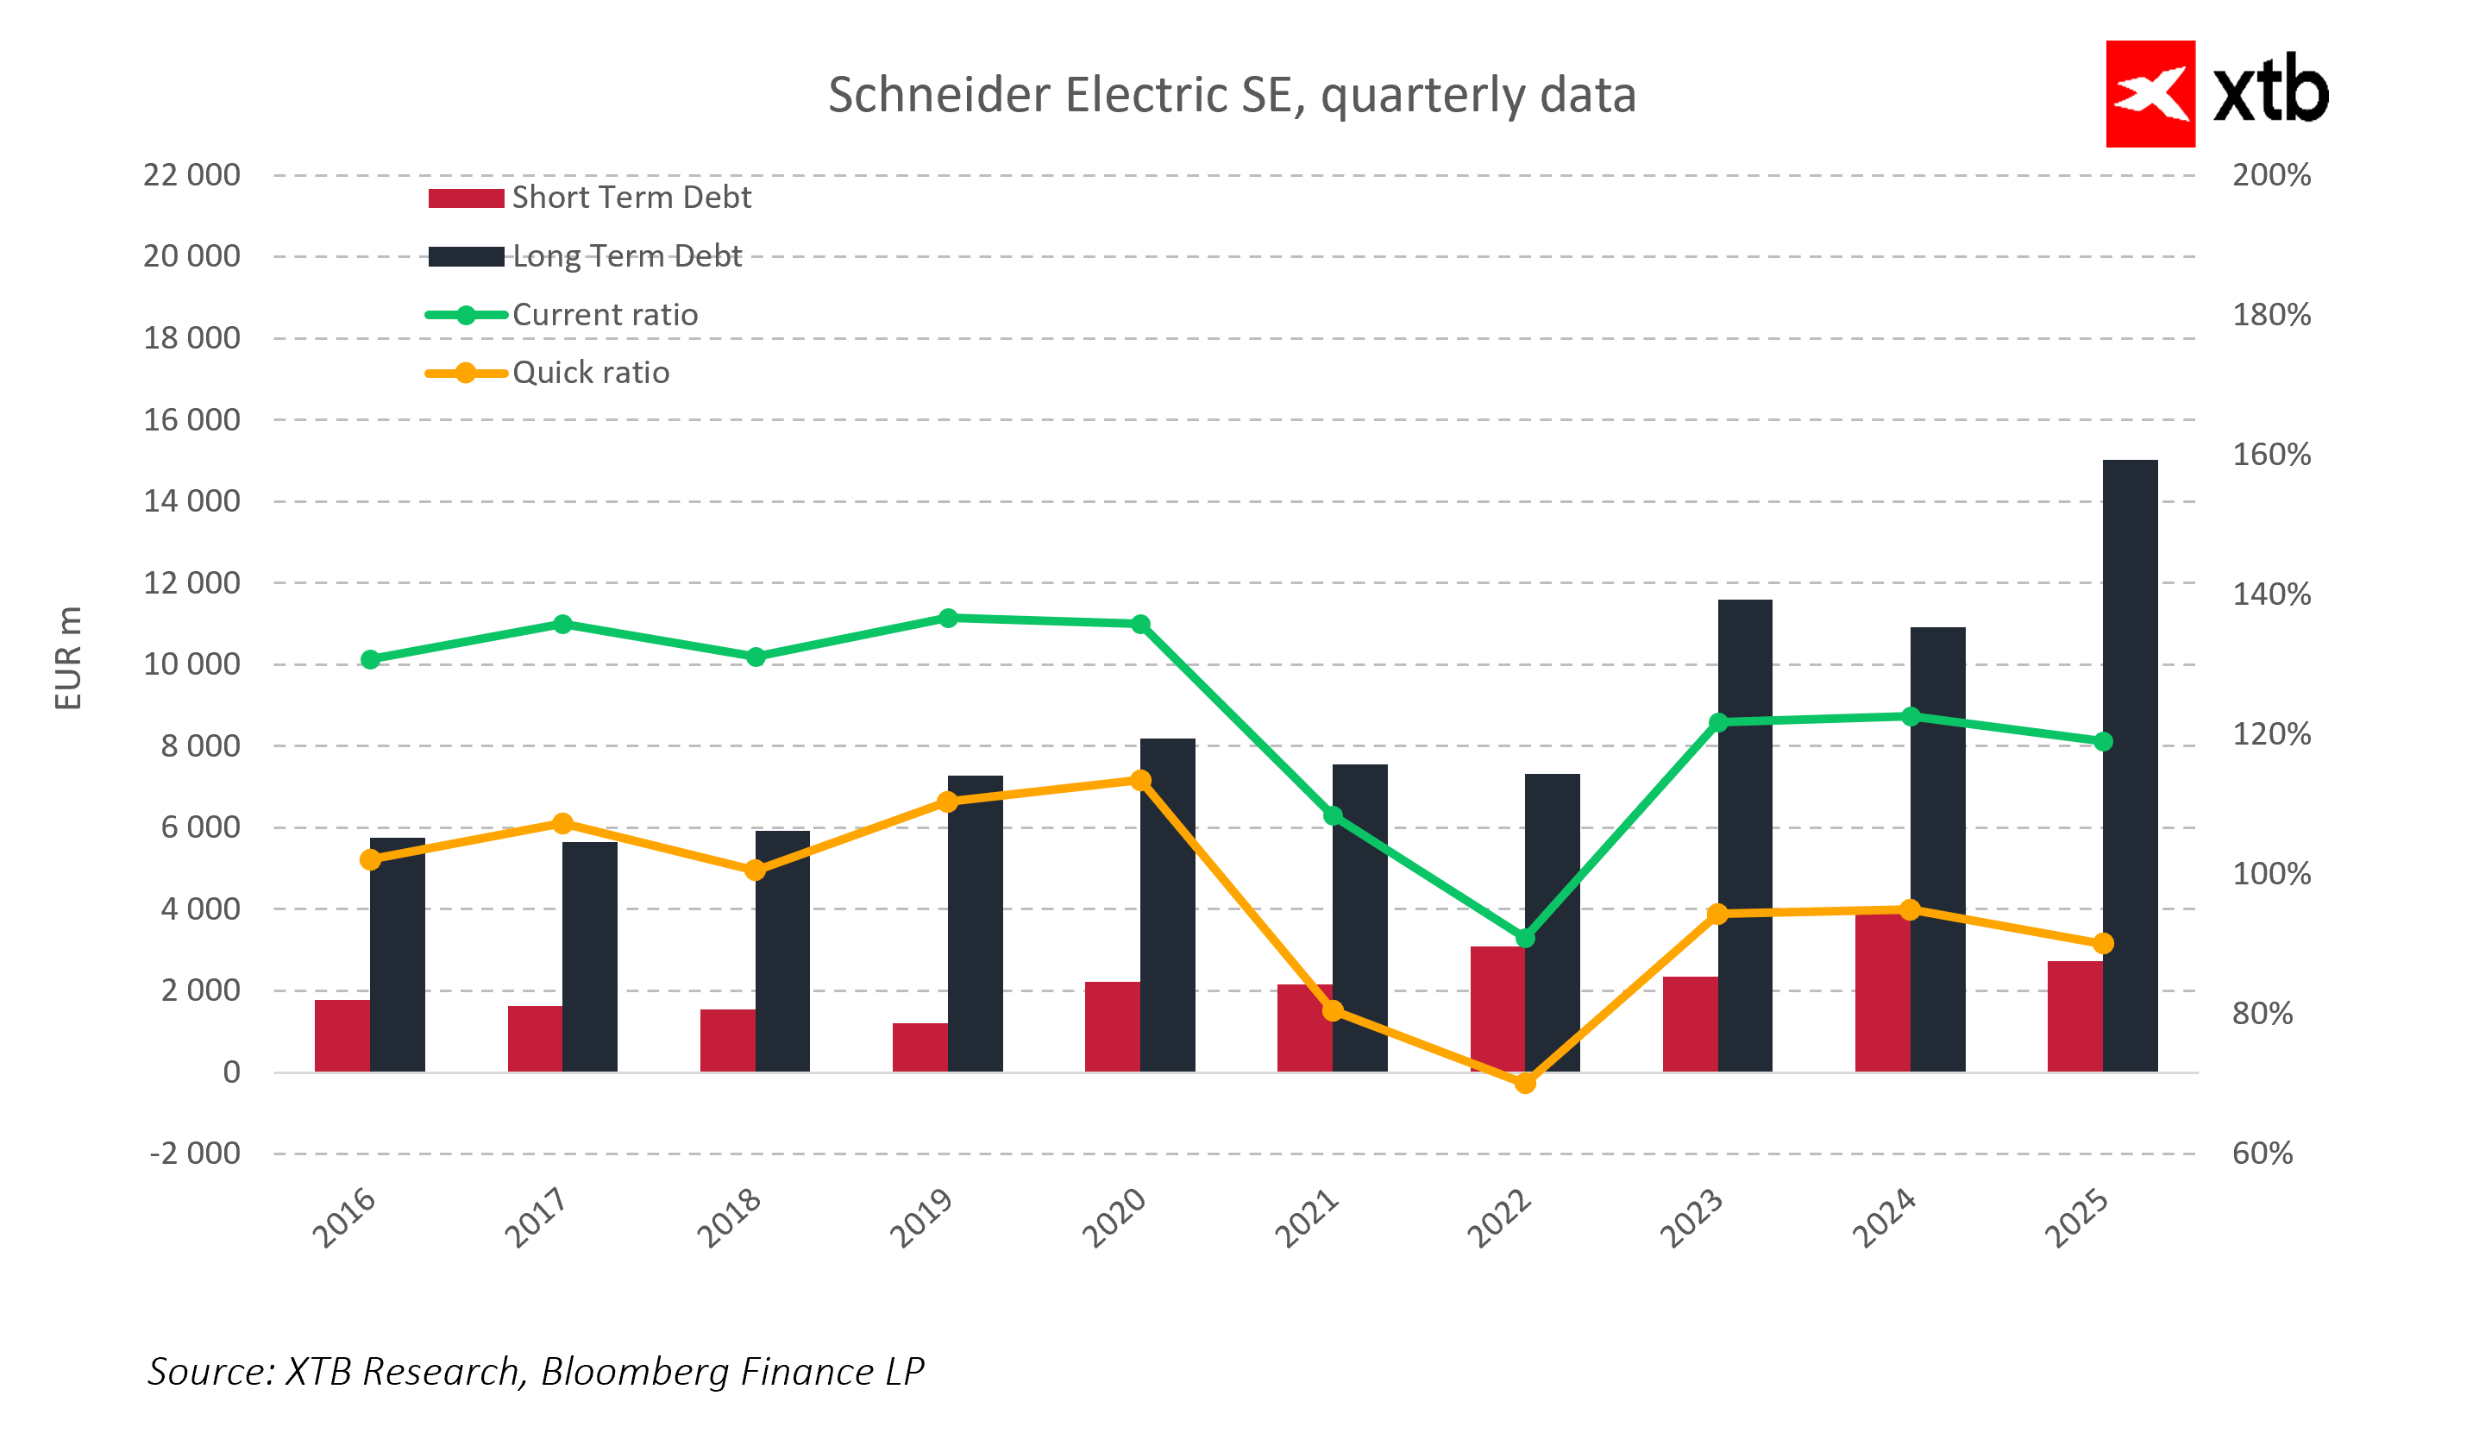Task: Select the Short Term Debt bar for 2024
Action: (1882, 994)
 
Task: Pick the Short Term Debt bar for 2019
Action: (919, 1048)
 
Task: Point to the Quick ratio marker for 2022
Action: (1525, 1083)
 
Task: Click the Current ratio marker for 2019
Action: (948, 619)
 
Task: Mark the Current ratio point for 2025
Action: (2102, 742)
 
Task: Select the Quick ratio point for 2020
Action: (1141, 781)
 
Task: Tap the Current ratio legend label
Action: (605, 315)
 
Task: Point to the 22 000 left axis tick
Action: (191, 175)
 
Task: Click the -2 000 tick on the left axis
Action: (195, 1154)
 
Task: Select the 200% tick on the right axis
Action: (2271, 175)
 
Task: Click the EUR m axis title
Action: (68, 658)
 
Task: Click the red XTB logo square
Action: (2150, 94)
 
